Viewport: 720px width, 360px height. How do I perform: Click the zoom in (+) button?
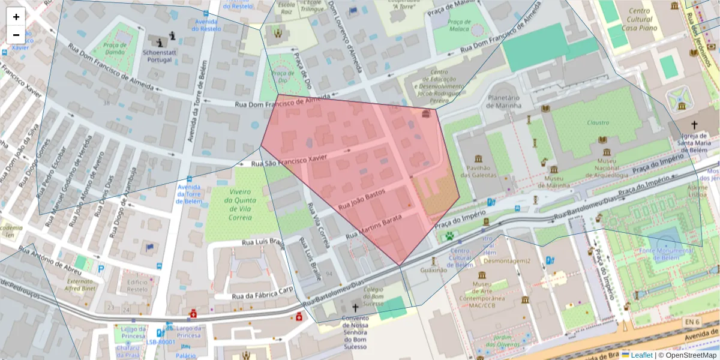16,17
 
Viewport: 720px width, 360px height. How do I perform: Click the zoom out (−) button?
16,35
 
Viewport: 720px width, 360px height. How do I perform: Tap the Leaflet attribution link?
641,355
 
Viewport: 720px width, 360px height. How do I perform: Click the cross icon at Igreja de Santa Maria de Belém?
694,125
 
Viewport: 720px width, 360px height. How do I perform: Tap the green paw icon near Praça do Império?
449,236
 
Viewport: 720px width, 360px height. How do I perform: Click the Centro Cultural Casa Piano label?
640,20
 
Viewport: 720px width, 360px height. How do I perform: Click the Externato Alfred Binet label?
80,284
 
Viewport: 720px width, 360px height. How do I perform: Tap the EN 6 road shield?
692,322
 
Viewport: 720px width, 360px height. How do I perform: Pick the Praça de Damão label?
114,49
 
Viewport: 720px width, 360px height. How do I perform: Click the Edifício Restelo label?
137,286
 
